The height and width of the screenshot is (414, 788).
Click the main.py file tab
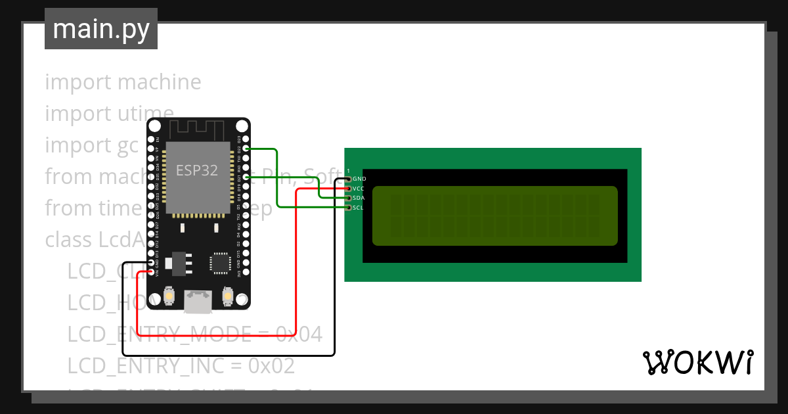click(100, 29)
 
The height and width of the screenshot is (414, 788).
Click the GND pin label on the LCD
click(359, 179)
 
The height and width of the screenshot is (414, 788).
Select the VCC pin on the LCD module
click(349, 189)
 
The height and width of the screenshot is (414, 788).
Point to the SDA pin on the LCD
click(349, 198)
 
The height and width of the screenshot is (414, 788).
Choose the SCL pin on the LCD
click(349, 208)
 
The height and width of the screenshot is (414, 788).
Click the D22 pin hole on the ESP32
click(246, 149)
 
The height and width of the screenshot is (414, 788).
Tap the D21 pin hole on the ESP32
click(246, 177)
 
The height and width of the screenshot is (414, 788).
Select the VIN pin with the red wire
click(152, 271)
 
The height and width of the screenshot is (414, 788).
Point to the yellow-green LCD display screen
click(495, 216)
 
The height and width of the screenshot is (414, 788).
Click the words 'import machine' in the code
click(123, 82)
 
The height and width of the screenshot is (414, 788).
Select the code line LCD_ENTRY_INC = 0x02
click(181, 365)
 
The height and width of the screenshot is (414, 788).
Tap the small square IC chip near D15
click(219, 262)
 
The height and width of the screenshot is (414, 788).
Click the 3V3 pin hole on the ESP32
click(246, 271)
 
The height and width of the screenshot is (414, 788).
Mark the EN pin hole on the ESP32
click(152, 139)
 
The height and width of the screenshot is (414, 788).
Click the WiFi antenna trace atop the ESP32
click(198, 129)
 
